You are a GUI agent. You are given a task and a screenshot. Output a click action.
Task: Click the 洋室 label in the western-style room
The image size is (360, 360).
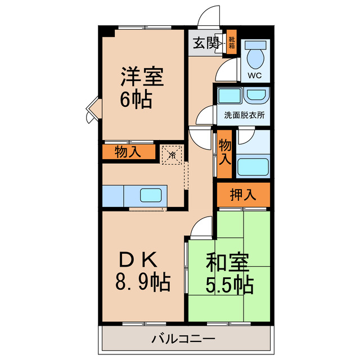[x=142, y=77]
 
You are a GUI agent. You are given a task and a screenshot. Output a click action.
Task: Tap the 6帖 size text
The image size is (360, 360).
[x=135, y=100]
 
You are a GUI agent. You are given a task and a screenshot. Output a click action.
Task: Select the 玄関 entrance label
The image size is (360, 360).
[x=205, y=43]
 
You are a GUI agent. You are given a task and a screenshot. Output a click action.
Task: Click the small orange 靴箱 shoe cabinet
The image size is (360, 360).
[x=231, y=42]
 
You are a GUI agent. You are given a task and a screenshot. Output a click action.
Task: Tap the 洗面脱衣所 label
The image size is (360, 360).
[x=244, y=115]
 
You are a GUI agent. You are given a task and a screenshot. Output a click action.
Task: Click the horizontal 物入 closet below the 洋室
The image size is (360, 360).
[x=128, y=152]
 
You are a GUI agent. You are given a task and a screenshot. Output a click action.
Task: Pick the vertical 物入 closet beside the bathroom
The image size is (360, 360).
[x=224, y=152]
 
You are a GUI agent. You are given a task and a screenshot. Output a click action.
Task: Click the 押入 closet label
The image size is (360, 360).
[x=243, y=195]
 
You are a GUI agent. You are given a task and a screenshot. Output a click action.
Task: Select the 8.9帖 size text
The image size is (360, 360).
[x=143, y=282]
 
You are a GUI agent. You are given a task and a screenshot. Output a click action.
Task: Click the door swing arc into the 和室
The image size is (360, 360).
[x=200, y=228]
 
